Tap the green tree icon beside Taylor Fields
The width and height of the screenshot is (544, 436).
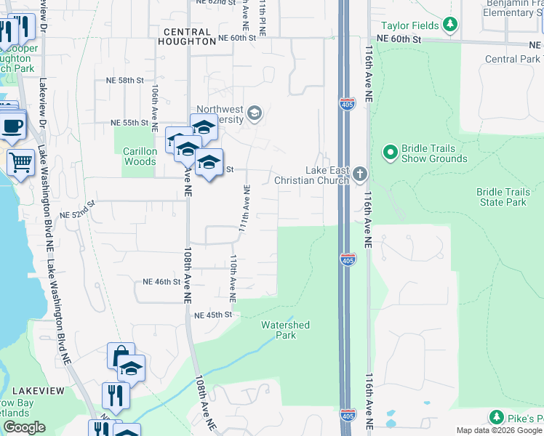tap(450, 25)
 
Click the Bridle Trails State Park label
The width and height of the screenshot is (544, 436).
tap(503, 197)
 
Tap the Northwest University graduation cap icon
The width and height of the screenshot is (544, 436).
tap(255, 113)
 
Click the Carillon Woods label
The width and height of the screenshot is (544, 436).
tap(140, 156)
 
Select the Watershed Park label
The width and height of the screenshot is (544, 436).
tap(285, 330)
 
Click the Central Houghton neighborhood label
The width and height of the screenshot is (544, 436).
tap(187, 37)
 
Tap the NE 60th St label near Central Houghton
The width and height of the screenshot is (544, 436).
tap(238, 38)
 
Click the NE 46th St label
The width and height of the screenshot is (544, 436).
tap(161, 281)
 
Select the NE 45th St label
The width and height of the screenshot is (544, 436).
tap(212, 315)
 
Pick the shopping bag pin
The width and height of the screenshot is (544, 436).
tap(121, 356)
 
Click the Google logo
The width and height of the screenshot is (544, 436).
tap(23, 427)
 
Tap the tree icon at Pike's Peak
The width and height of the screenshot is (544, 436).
tap(497, 417)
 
